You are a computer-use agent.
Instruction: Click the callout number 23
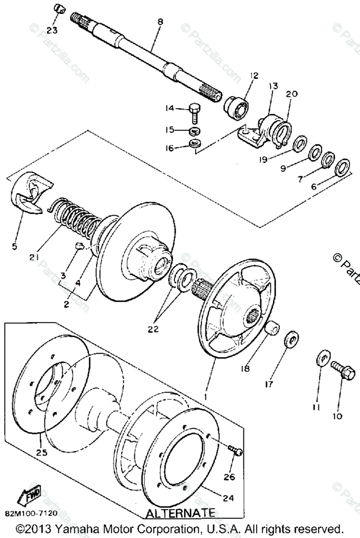(x=52, y=31)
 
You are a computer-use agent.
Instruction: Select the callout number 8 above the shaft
(x=160, y=22)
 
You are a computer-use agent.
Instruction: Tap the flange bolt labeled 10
(x=342, y=372)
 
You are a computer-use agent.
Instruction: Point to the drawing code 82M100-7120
(x=31, y=512)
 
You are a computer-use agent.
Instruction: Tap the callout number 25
(x=42, y=453)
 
